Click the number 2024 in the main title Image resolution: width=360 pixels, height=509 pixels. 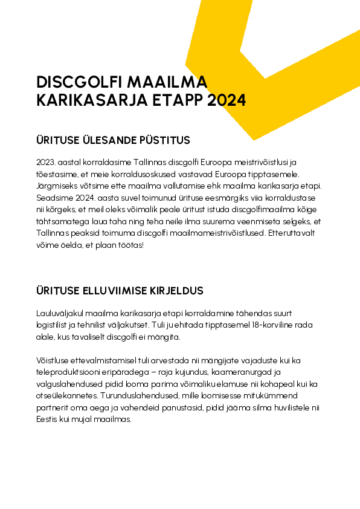[x=227, y=100]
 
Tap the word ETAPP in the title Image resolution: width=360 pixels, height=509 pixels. [x=179, y=100]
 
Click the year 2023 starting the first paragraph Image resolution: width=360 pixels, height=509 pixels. [x=47, y=163]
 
